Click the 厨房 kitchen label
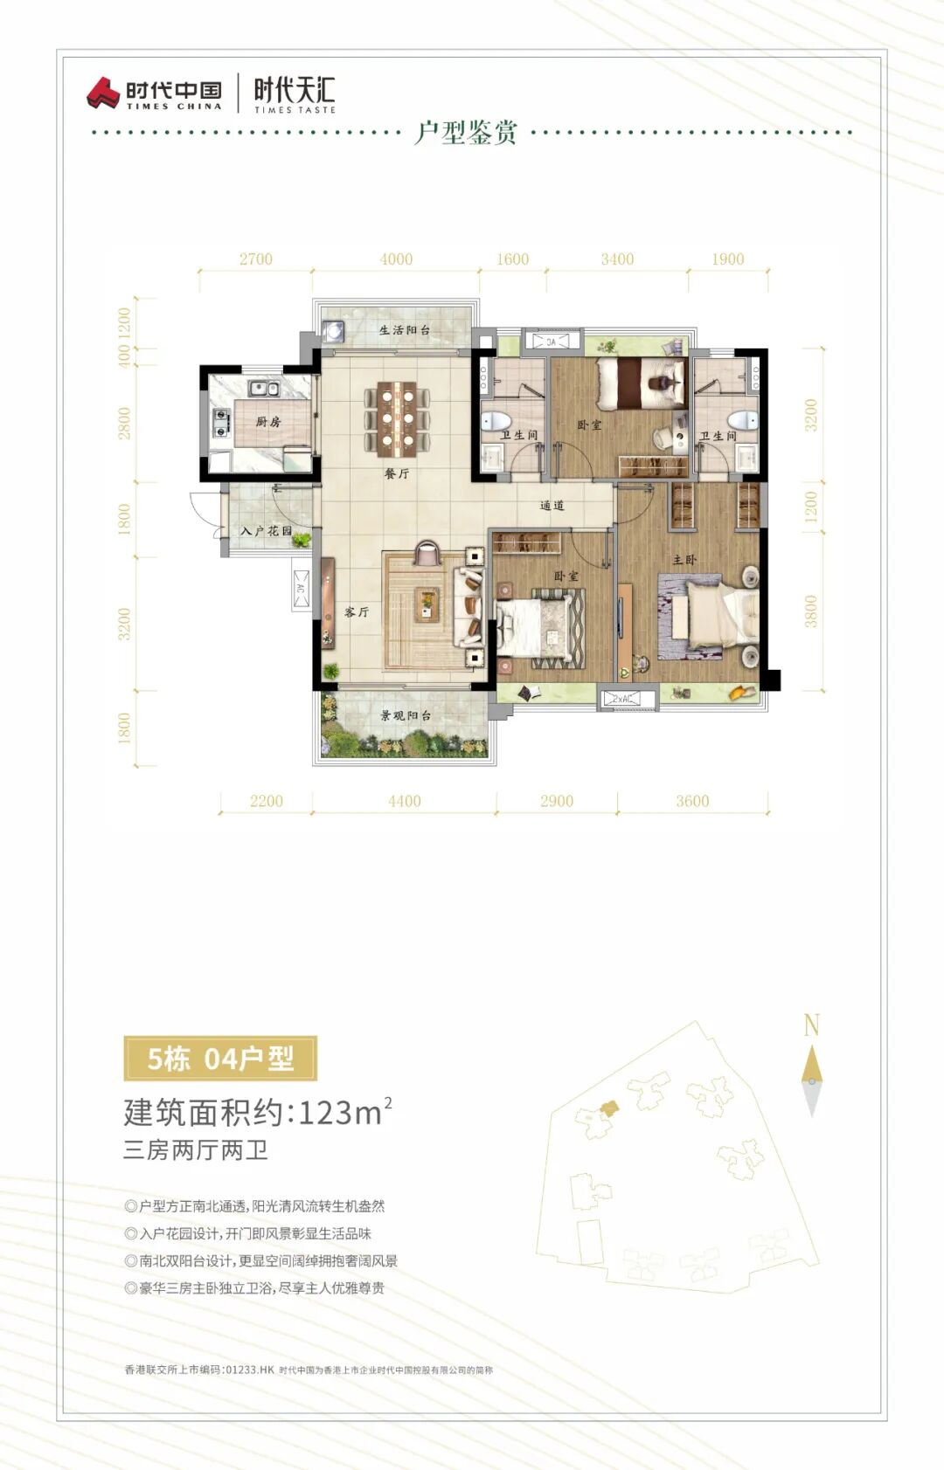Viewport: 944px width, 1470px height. [268, 422]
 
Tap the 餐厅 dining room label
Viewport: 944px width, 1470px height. [397, 473]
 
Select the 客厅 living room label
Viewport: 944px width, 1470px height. [357, 612]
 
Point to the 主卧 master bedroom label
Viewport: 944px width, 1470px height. [684, 560]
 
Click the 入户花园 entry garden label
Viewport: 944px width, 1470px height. [266, 531]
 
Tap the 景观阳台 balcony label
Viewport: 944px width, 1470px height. [406, 715]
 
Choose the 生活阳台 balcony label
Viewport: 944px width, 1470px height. [405, 330]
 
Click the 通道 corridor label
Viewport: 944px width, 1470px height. [552, 506]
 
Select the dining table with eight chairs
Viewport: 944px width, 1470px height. [397, 419]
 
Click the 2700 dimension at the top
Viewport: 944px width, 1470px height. [256, 259]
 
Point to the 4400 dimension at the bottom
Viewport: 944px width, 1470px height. [405, 801]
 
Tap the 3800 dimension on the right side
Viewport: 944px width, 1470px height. [811, 611]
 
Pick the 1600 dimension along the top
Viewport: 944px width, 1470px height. [512, 259]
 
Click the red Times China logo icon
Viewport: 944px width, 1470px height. [103, 93]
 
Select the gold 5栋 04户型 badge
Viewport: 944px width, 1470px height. [220, 1059]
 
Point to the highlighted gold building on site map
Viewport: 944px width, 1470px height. [608, 1108]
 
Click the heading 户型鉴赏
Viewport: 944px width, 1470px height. [466, 133]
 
